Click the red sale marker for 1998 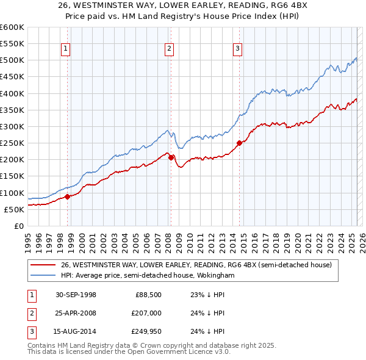tap(68, 196)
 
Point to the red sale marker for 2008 tap(171, 157)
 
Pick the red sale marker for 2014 tap(240, 143)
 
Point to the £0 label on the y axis tap(18, 226)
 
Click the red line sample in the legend tap(43, 265)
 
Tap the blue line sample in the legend tap(43, 276)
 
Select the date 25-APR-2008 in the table tap(76, 313)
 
